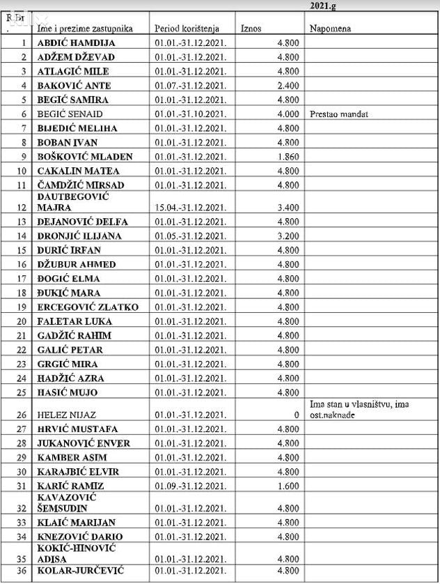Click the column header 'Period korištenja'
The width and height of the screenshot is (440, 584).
pyautogui.click(x=187, y=29)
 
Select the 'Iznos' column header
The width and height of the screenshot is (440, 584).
pyautogui.click(x=251, y=29)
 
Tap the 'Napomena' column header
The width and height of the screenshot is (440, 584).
pyautogui.click(x=331, y=29)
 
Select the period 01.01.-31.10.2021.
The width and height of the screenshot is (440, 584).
pyautogui.click(x=190, y=114)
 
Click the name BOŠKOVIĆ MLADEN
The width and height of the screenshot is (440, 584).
pyautogui.click(x=84, y=157)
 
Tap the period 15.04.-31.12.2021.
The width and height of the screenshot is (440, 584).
pyautogui.click(x=190, y=207)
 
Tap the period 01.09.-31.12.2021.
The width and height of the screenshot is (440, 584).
pyautogui.click(x=190, y=486)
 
